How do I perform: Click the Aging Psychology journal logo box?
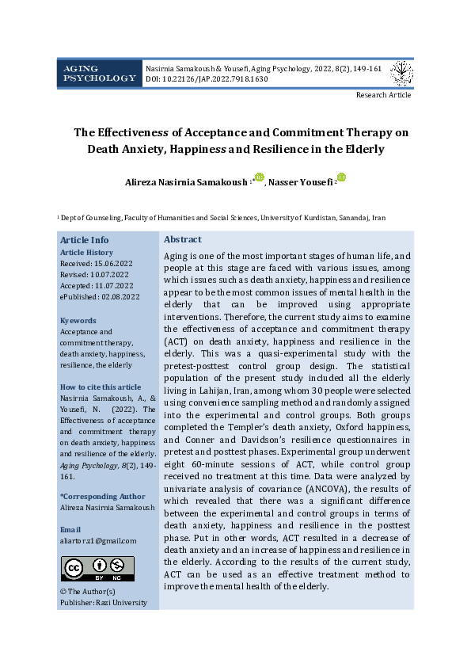point(100,74)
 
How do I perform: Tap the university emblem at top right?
point(401,74)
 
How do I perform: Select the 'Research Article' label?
point(383,95)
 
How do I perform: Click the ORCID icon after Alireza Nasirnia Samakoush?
point(258,178)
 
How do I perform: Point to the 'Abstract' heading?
point(182,239)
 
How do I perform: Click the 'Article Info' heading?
point(85,240)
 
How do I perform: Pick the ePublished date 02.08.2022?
point(100,296)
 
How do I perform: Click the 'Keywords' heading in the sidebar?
point(78,321)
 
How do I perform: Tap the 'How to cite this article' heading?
point(101,387)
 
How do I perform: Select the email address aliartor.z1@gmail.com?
point(98,540)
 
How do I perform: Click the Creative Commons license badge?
point(97,568)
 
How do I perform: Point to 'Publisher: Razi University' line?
point(103,603)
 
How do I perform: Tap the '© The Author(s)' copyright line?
point(88,591)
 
